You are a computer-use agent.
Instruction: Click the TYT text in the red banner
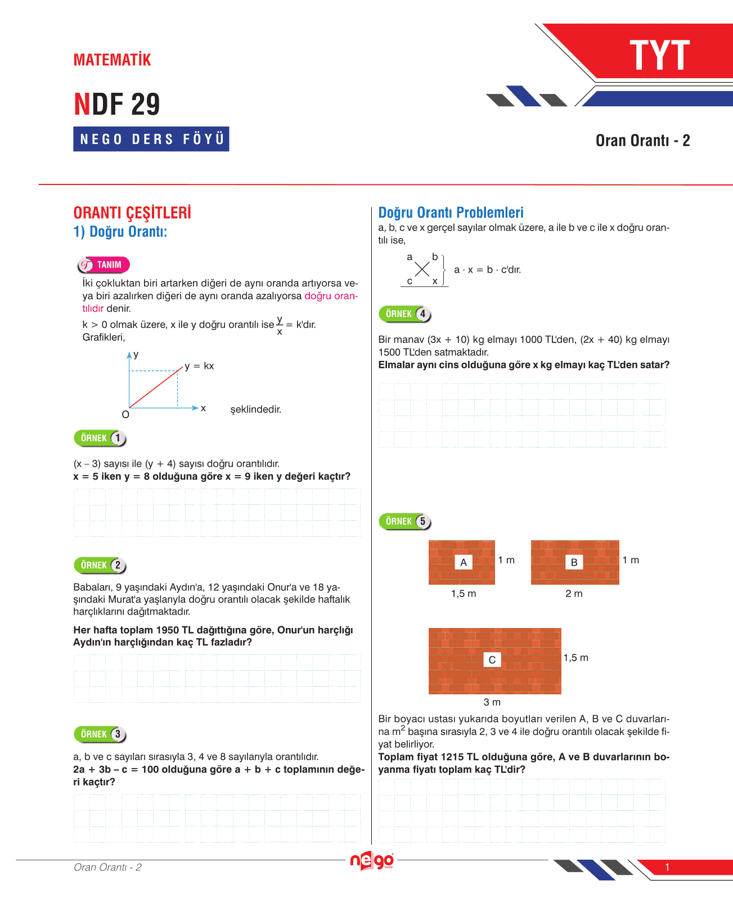659,55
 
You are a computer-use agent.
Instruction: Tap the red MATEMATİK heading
112,60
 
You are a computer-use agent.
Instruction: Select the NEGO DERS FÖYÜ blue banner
151,139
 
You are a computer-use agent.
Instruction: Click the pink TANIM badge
104,265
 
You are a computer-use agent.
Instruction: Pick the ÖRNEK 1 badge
100,438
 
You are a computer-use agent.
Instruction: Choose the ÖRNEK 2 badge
100,565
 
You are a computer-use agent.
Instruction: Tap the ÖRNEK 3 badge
100,734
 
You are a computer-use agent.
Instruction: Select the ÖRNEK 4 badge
405,314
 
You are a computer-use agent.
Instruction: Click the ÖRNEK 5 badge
405,522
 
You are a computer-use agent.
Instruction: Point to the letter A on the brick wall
463,562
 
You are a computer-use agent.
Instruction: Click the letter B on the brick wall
574,562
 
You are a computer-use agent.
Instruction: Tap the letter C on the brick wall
492,660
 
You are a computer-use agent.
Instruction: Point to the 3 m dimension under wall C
492,702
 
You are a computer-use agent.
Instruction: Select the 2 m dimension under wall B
574,594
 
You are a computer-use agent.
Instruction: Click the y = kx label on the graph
199,366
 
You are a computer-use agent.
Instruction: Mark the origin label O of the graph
125,415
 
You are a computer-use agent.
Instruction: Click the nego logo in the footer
372,860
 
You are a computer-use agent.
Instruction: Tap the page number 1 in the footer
667,867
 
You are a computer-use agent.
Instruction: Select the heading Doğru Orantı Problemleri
451,213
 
